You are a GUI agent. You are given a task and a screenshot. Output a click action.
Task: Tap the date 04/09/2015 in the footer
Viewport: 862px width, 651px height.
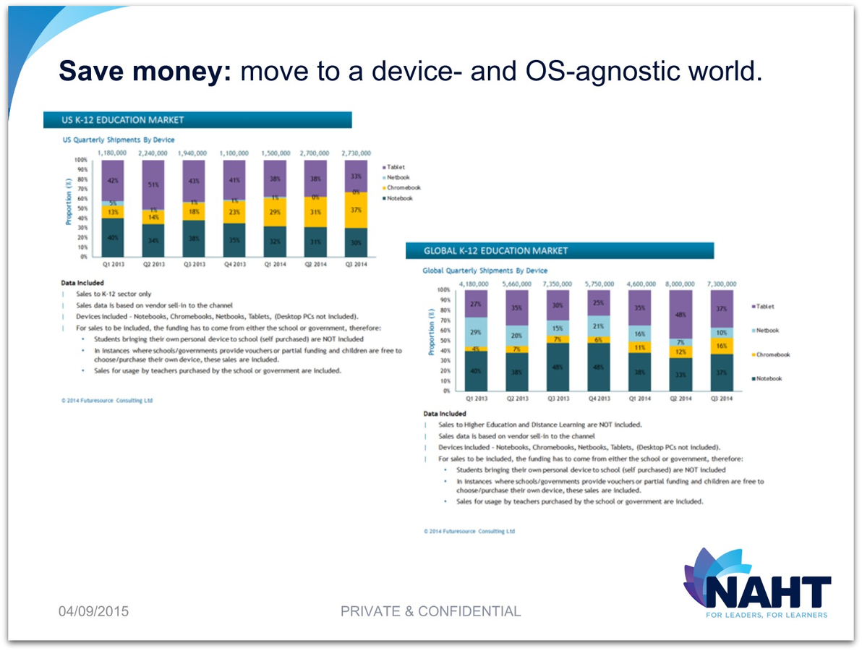(93, 612)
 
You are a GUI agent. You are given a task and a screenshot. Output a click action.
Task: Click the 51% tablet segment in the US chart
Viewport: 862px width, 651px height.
(153, 184)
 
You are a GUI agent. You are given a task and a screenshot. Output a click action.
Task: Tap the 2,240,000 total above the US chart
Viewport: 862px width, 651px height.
(153, 153)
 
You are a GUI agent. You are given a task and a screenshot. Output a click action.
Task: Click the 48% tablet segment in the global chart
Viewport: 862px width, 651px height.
(680, 315)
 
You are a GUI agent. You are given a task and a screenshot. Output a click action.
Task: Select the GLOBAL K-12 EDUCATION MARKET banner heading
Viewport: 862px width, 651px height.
(496, 251)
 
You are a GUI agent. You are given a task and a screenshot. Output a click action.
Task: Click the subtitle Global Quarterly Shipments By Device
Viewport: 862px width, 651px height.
(485, 271)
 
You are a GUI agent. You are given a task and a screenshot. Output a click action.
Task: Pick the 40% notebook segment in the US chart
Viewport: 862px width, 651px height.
(112, 237)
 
